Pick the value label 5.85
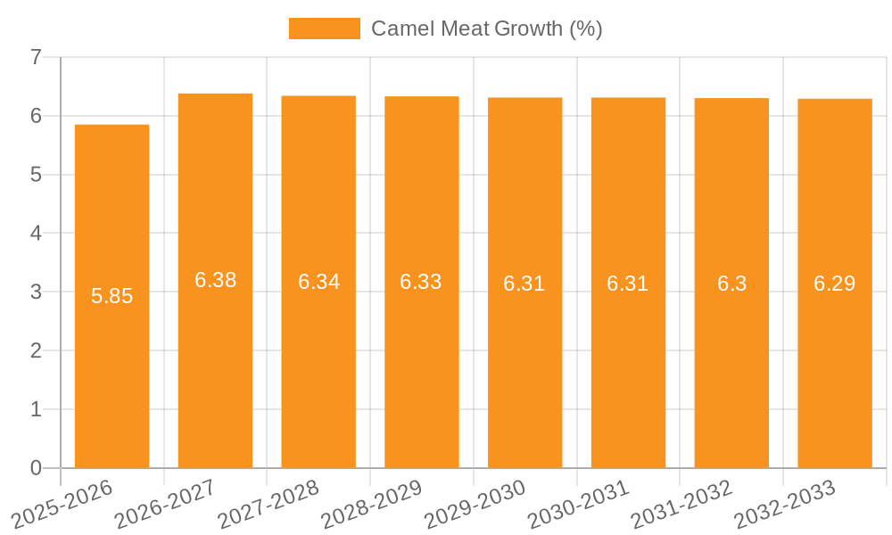coord(112,296)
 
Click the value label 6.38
coord(216,280)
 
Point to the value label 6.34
coord(318,282)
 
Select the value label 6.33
coord(421,282)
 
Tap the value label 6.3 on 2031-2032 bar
coord(731,284)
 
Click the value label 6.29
coord(835,284)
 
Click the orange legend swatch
coord(324,29)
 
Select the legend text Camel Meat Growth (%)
coord(487,29)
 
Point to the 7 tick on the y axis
coord(36,57)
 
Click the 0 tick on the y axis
coord(36,468)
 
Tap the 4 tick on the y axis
coord(36,234)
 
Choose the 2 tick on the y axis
coord(36,350)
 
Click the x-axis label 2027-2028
coord(269,505)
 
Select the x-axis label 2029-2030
coord(475,505)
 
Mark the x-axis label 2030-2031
coord(579,505)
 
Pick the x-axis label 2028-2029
coord(372,505)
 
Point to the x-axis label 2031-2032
coord(682,505)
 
